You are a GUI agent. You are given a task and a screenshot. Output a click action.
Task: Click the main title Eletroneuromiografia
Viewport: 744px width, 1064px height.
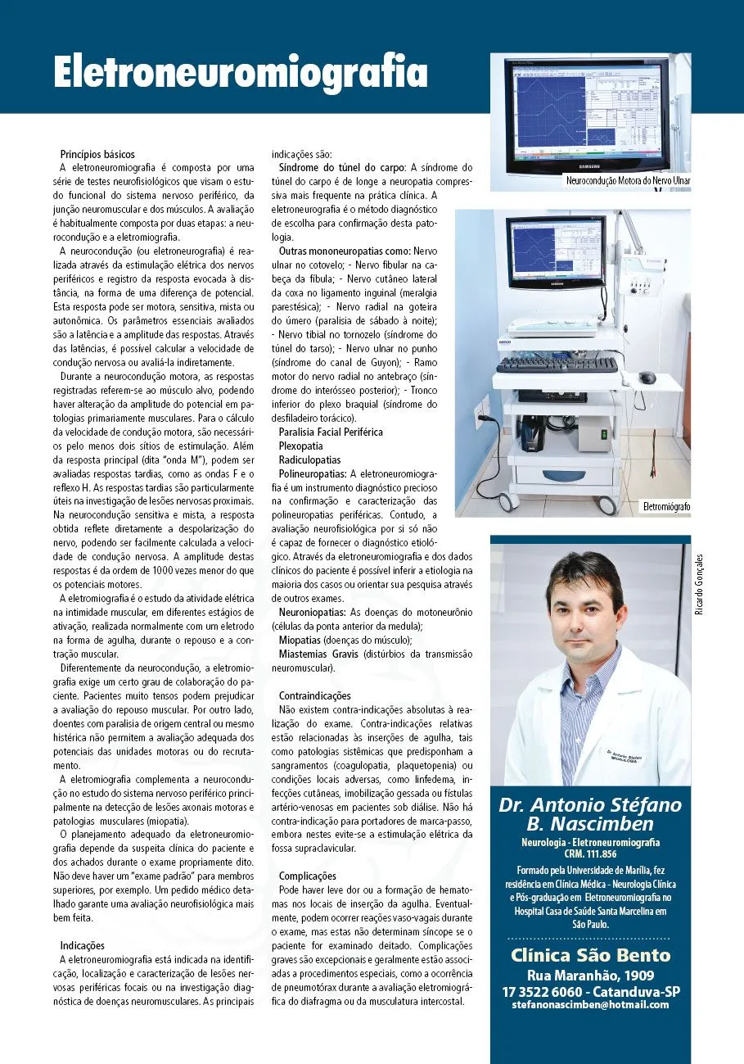tap(241, 72)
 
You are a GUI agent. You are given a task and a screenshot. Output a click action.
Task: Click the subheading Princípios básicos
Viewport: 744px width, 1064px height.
tap(97, 154)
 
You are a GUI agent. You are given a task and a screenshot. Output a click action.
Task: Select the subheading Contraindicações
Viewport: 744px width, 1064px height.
tap(314, 695)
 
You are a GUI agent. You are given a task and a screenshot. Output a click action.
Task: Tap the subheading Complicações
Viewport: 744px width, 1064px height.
tap(308, 876)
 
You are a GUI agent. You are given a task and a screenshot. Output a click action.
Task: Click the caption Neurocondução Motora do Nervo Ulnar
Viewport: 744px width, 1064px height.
tap(628, 179)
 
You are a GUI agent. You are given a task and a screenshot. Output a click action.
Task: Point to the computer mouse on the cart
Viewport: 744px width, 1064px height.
tap(647, 378)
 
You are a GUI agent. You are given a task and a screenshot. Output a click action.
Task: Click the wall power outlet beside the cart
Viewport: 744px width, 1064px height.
tap(482, 408)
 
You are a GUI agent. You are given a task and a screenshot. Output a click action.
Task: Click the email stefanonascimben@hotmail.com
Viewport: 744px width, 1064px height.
tap(589, 1004)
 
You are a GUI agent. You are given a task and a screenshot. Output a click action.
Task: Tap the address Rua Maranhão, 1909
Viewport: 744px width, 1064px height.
tap(589, 975)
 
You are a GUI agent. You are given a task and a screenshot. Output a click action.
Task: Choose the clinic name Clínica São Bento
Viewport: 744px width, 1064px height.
tap(590, 955)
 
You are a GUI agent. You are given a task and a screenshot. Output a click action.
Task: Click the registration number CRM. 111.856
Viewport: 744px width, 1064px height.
tap(589, 853)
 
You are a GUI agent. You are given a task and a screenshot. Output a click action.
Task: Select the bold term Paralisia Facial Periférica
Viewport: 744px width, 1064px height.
tap(331, 432)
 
